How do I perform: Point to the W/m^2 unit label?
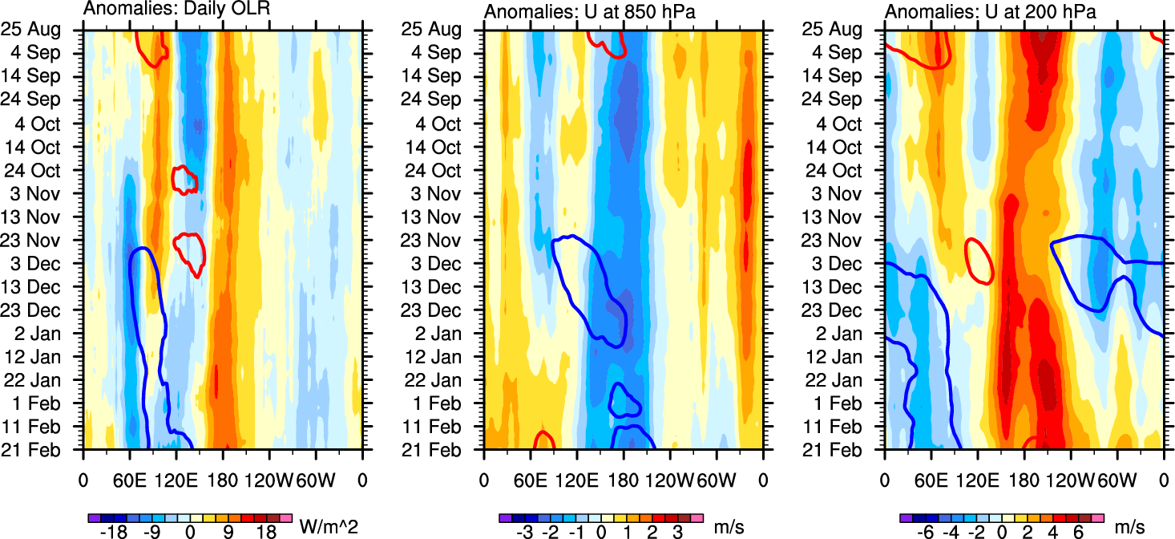pos(328,526)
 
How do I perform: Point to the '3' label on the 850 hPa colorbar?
pos(678,532)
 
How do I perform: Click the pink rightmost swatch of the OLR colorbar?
pos(285,518)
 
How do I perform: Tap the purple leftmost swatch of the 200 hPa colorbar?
pos(905,518)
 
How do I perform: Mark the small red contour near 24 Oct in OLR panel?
pos(185,178)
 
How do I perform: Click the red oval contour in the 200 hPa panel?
pos(979,261)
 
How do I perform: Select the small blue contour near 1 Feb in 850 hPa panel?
pos(624,400)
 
